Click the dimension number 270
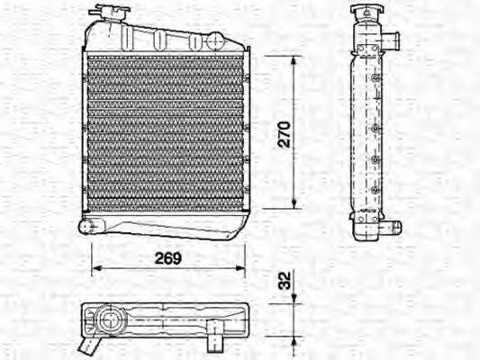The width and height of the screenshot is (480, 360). pos(284,132)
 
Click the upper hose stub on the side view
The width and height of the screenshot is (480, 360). pos(394,42)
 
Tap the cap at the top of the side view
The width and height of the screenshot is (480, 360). pos(364,13)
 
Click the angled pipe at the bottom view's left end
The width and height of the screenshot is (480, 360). pos(87,344)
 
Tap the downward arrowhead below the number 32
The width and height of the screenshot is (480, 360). pos(294,300)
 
